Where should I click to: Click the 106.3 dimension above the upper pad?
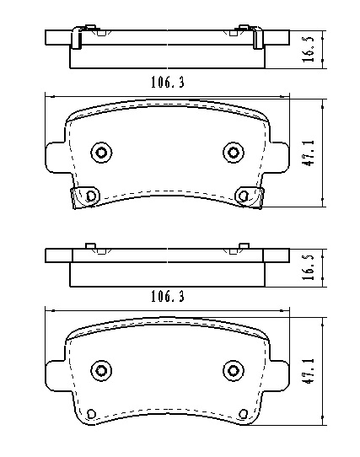(x=168, y=83)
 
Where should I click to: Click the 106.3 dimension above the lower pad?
(x=168, y=297)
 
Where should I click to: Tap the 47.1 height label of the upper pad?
(x=309, y=153)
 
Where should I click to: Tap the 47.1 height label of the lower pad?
(x=309, y=371)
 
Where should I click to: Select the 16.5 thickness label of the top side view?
(x=309, y=49)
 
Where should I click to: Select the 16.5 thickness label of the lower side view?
(x=309, y=267)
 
